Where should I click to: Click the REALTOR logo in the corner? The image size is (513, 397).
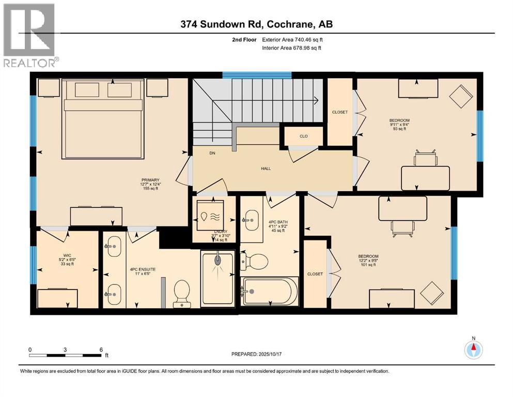click(30, 35)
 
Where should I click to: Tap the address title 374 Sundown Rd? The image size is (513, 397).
click(256, 23)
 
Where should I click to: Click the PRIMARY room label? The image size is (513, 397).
click(143, 180)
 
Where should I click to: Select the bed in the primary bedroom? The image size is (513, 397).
click(103, 118)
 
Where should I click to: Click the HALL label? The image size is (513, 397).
click(266, 169)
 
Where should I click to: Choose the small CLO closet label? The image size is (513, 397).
click(304, 137)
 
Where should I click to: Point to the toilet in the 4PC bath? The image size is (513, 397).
click(255, 261)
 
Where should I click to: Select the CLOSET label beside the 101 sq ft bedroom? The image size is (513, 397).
click(315, 274)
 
